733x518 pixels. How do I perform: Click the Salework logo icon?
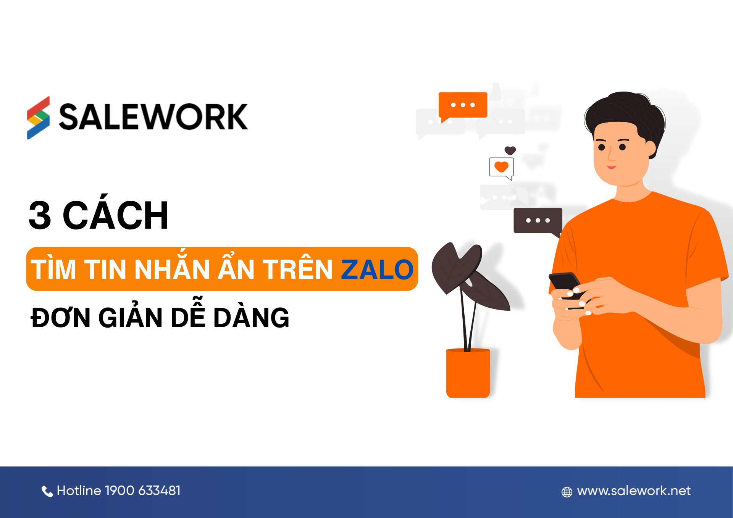coord(38,118)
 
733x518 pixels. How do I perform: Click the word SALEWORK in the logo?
coord(153,117)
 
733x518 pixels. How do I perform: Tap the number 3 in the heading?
coord(40,216)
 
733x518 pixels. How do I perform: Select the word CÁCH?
coord(115,216)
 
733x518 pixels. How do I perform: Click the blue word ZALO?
coord(377,269)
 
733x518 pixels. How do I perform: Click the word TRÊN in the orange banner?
coord(297,269)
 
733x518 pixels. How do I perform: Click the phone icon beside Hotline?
coord(47,492)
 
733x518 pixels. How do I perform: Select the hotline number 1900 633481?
coord(142,491)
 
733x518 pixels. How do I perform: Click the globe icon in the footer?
coord(567,492)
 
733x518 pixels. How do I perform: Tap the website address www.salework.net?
coord(634,491)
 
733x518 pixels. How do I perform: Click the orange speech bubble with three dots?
coord(463,105)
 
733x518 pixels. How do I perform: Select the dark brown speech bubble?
coord(538,220)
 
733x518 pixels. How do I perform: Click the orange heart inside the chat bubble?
coord(501,167)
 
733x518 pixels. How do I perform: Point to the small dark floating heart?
coord(510,150)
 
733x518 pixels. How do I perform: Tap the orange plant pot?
coord(468,373)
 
